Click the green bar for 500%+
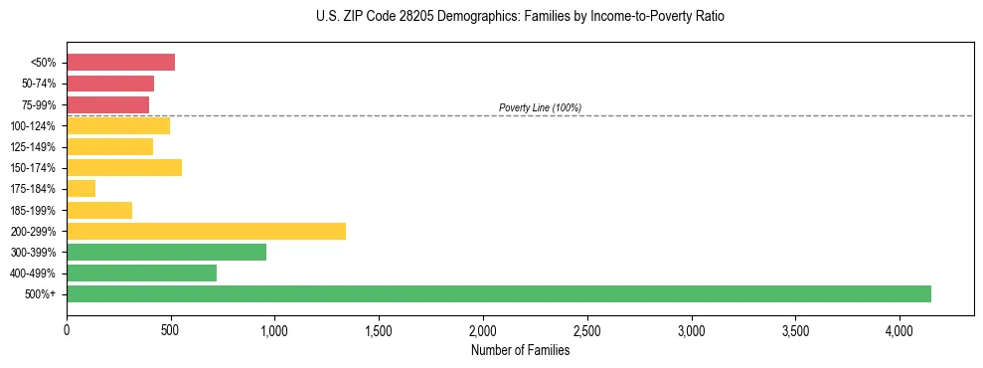click(499, 293)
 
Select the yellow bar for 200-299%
click(206, 231)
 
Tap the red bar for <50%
click(120, 62)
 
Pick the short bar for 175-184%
click(81, 188)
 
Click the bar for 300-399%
click(166, 252)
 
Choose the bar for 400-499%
click(141, 273)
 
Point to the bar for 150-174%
click(124, 167)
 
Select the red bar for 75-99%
click(107, 104)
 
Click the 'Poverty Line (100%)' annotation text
click(540, 107)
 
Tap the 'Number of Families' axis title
click(521, 349)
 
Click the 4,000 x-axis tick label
click(900, 330)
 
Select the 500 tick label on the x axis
click(171, 330)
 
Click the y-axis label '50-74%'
click(39, 84)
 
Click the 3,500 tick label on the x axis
click(795, 330)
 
